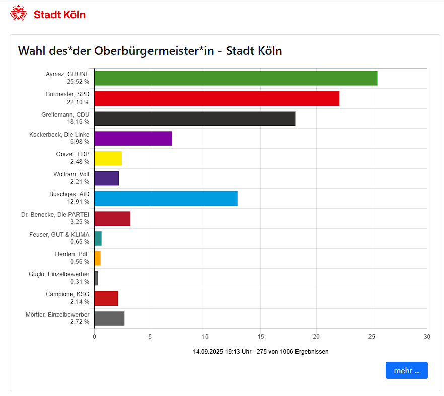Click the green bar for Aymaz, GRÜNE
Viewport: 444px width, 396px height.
pos(236,78)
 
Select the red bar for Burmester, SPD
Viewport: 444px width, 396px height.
pos(216,98)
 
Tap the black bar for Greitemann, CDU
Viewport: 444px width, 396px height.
pos(195,118)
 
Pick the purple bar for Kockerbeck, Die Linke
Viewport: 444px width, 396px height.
pos(133,138)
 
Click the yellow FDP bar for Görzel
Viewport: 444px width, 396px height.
pos(108,158)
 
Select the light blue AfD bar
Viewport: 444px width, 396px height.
pos(166,199)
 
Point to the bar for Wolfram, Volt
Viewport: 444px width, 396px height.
pos(107,178)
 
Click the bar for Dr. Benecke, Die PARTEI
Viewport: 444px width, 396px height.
pos(112,219)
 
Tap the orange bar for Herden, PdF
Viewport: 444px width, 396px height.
pos(98,258)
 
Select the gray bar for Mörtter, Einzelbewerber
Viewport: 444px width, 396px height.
pos(109,318)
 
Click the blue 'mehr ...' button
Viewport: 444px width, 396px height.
pos(406,370)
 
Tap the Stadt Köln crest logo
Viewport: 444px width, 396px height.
pos(19,14)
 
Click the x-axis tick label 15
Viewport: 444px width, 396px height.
pos(261,337)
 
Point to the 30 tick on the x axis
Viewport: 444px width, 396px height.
pos(427,337)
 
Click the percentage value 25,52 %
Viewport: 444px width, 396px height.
pos(78,81)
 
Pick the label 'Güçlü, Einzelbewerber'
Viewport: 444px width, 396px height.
pos(59,274)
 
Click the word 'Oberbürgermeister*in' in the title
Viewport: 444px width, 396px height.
pos(155,51)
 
